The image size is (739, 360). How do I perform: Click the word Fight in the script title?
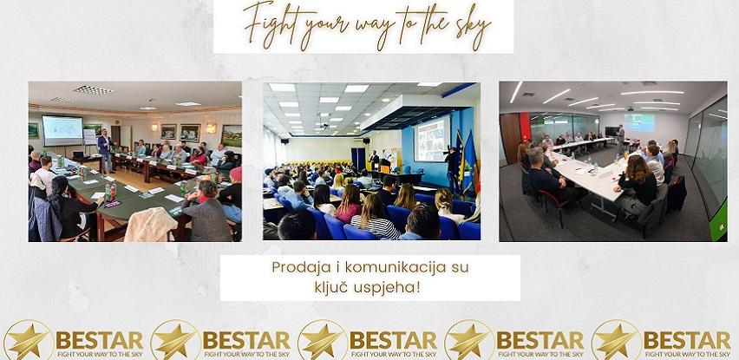(270, 21)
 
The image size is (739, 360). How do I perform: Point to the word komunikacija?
(396, 268)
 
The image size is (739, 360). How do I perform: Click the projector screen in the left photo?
(62, 130)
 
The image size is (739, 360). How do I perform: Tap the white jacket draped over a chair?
(150, 225)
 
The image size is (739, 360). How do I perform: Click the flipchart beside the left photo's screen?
(90, 137)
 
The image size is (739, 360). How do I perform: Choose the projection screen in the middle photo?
(431, 139)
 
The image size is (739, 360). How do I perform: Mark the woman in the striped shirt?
(374, 217)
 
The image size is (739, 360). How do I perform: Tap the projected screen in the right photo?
(639, 122)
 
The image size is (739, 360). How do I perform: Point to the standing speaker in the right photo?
(621, 138)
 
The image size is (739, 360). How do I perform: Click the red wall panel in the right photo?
(525, 127)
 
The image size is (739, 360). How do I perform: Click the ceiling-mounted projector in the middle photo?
(324, 126)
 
